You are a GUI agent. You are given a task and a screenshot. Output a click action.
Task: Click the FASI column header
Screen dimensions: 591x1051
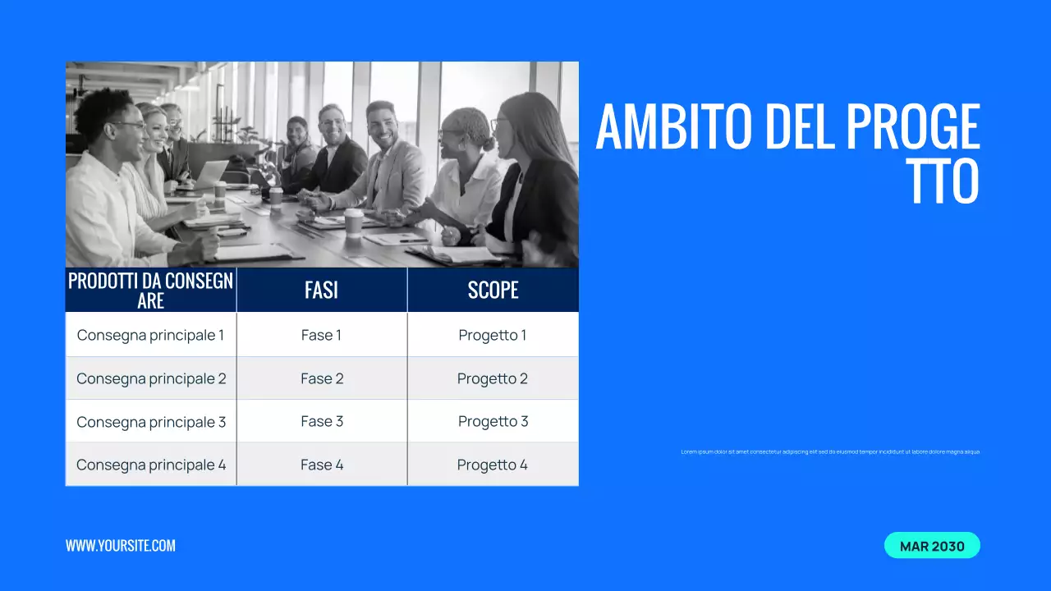pyautogui.click(x=321, y=290)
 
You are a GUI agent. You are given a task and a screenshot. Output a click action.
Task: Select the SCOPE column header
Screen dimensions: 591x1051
pyautogui.click(x=493, y=290)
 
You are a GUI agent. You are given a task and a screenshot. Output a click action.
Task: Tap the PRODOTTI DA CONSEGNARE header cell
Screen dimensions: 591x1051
pyautogui.click(x=150, y=290)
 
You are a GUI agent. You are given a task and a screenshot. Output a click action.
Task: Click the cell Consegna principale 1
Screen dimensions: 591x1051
pyautogui.click(x=150, y=335)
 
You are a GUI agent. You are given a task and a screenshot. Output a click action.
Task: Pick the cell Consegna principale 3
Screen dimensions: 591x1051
pyautogui.click(x=151, y=422)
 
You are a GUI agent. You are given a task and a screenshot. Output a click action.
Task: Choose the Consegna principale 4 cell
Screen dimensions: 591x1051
pyautogui.click(x=151, y=465)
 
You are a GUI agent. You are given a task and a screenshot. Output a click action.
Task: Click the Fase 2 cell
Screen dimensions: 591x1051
pyautogui.click(x=322, y=378)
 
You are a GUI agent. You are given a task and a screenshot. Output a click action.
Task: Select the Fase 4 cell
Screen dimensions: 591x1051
pyautogui.click(x=322, y=465)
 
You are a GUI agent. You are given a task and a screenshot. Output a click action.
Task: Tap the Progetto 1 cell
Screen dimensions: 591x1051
pyautogui.click(x=493, y=335)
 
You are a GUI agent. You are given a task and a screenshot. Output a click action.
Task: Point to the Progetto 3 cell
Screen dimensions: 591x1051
pyautogui.click(x=493, y=421)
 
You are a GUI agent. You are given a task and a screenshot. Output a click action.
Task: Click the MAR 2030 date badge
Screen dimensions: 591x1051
pyautogui.click(x=932, y=546)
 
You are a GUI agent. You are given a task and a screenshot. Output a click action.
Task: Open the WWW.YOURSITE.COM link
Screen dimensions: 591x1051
pyautogui.click(x=121, y=546)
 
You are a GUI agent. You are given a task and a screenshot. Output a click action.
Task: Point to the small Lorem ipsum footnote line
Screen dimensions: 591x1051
pyautogui.click(x=830, y=451)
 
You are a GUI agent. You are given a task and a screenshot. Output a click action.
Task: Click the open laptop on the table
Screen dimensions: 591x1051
pyautogui.click(x=210, y=173)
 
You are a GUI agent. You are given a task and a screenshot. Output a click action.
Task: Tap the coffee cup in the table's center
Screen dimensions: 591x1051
pyautogui.click(x=354, y=221)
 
